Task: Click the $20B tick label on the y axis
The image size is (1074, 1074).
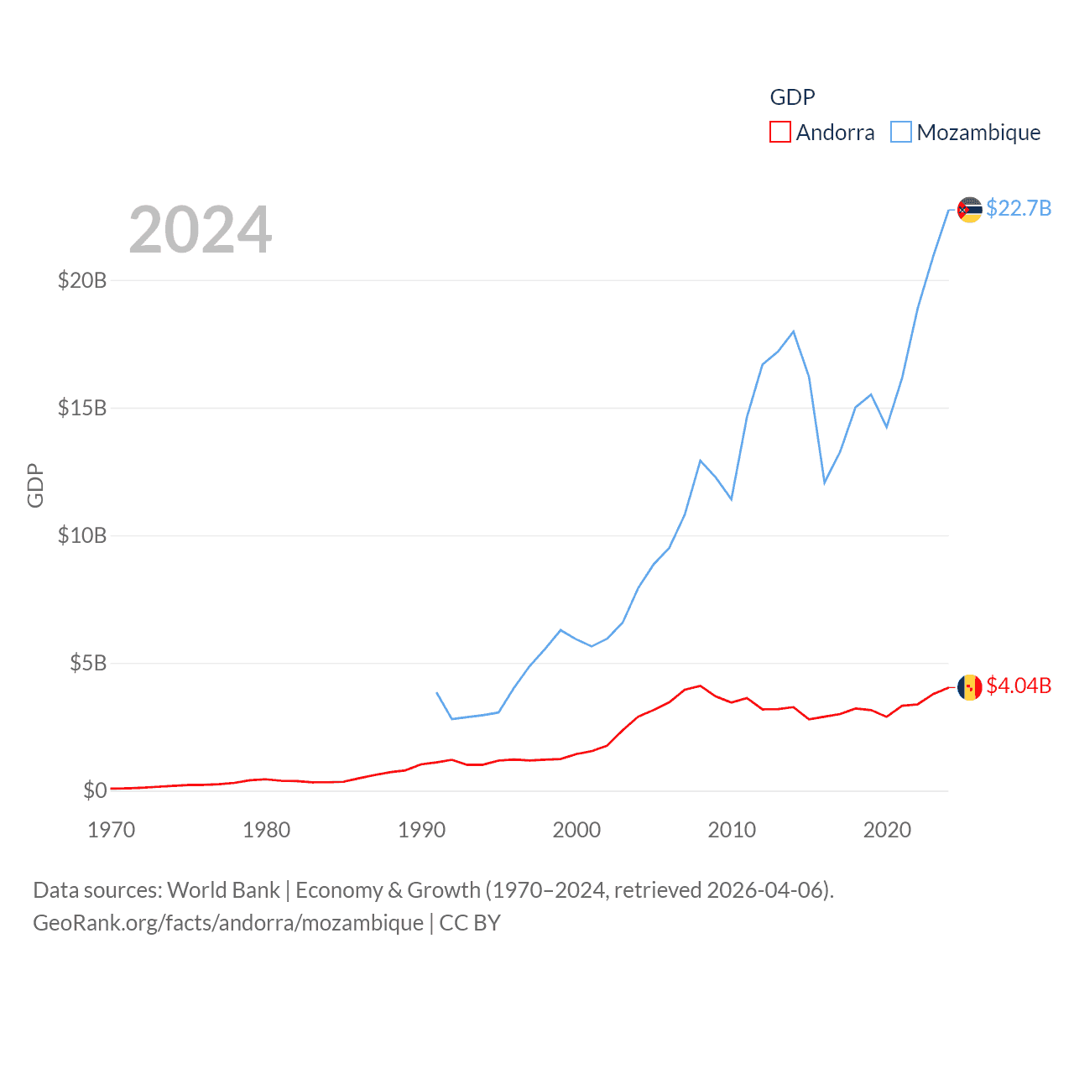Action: click(x=82, y=280)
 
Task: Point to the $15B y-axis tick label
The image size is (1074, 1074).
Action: click(x=82, y=408)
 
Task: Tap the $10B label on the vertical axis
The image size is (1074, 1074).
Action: click(x=82, y=535)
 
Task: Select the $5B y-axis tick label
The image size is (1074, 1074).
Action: click(x=88, y=663)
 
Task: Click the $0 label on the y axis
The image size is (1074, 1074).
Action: click(x=95, y=790)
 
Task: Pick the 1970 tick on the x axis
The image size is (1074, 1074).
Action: click(x=112, y=830)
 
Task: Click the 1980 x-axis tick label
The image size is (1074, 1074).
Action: click(x=266, y=830)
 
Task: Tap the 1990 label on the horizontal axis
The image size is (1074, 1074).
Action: click(x=421, y=830)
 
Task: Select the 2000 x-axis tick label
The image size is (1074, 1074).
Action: click(x=576, y=830)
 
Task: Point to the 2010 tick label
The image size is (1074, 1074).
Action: click(x=732, y=830)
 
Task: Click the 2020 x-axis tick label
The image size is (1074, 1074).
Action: click(x=887, y=830)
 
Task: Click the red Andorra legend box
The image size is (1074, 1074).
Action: click(x=780, y=133)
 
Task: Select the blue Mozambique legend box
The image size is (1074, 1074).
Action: click(x=901, y=133)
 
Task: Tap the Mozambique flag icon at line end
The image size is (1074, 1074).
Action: click(x=970, y=210)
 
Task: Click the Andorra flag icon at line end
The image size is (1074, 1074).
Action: click(x=970, y=687)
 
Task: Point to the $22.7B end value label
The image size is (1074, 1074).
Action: click(x=1019, y=208)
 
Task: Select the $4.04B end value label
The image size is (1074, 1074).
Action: click(x=1019, y=686)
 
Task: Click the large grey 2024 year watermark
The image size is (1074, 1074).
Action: click(x=201, y=230)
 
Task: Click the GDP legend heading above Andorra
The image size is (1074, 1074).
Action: click(x=792, y=97)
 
